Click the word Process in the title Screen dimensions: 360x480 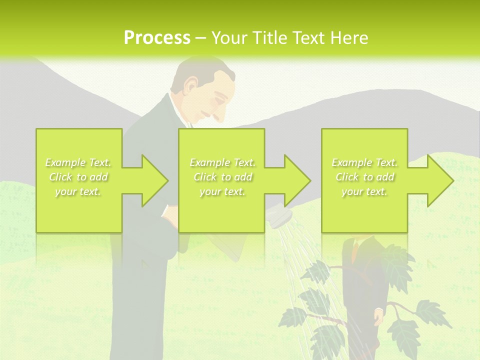point(157,38)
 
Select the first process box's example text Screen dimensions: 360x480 point(78,177)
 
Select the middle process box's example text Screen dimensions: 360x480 point(222,177)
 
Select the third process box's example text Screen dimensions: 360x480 point(364,177)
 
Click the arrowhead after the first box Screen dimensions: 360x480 point(153,180)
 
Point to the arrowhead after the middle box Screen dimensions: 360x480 point(296,180)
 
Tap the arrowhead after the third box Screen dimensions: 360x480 point(439,180)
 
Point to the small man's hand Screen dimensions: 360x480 point(378,316)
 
